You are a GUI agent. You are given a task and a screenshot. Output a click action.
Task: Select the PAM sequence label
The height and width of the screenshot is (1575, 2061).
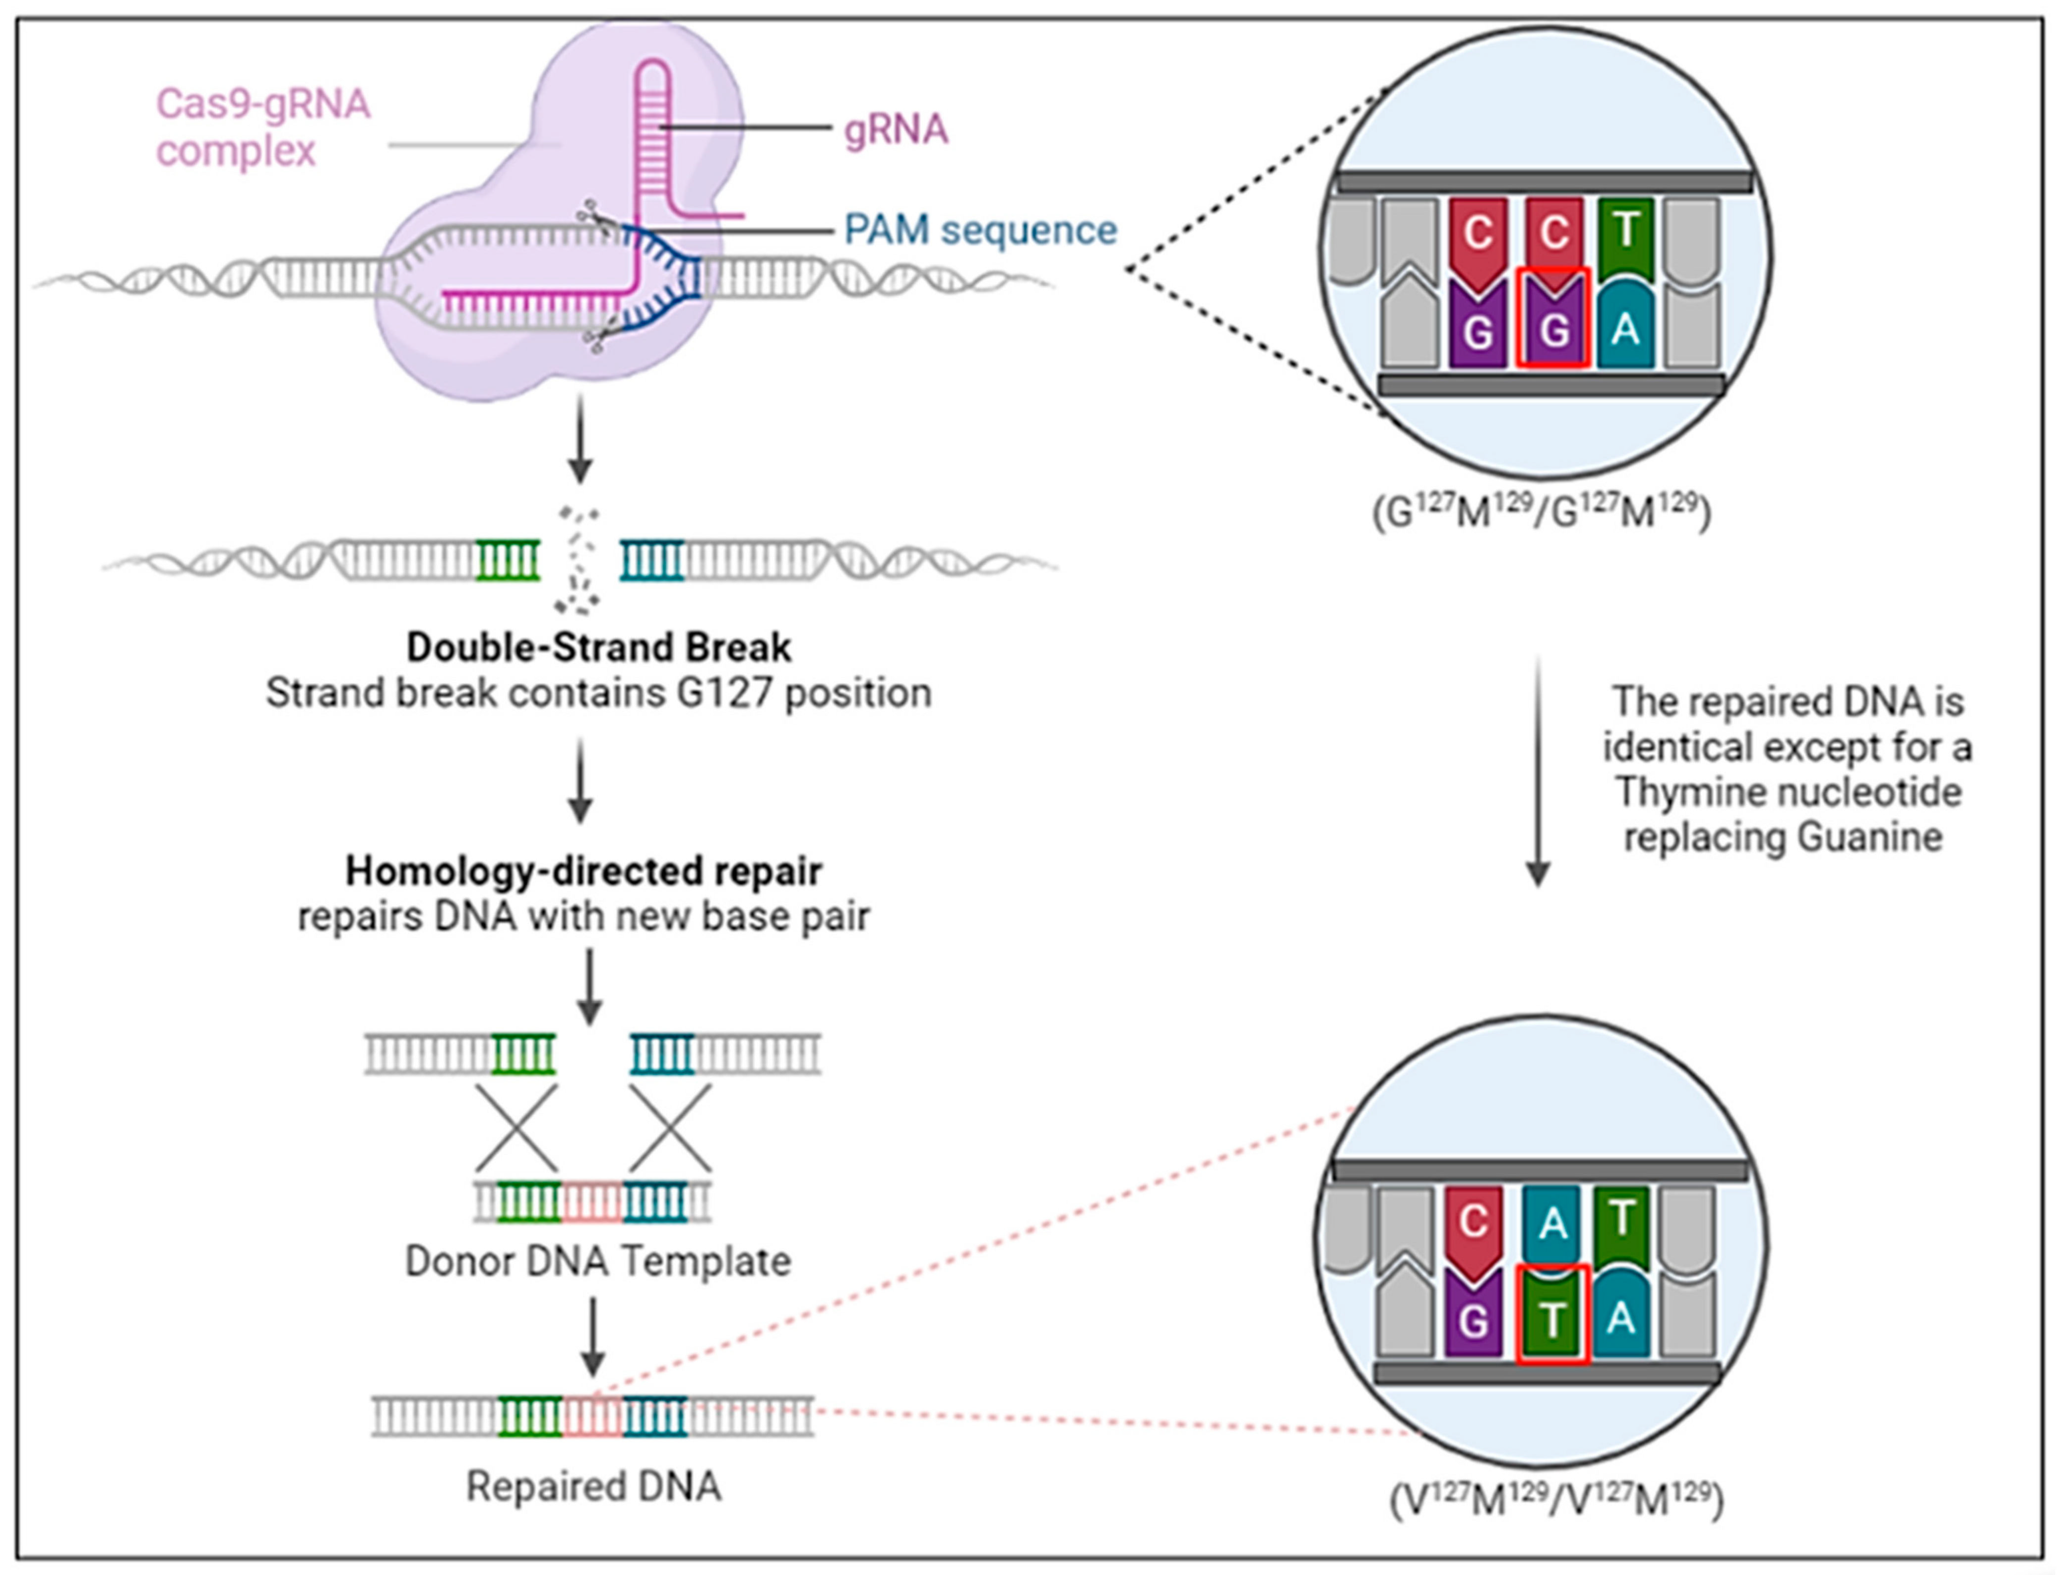(980, 230)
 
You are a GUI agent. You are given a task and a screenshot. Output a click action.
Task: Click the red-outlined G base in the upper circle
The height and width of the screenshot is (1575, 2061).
(1554, 319)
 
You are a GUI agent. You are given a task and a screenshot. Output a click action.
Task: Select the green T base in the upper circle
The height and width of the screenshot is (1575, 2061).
(1625, 234)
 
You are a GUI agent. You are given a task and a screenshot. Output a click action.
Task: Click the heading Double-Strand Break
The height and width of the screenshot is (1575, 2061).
(598, 647)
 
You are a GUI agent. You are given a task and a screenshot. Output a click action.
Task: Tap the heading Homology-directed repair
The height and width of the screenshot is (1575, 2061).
(583, 871)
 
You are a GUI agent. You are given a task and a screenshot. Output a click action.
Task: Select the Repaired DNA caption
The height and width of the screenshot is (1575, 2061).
(593, 1486)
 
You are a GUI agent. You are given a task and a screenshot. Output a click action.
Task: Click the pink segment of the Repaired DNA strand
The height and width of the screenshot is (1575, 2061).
(592, 1416)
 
